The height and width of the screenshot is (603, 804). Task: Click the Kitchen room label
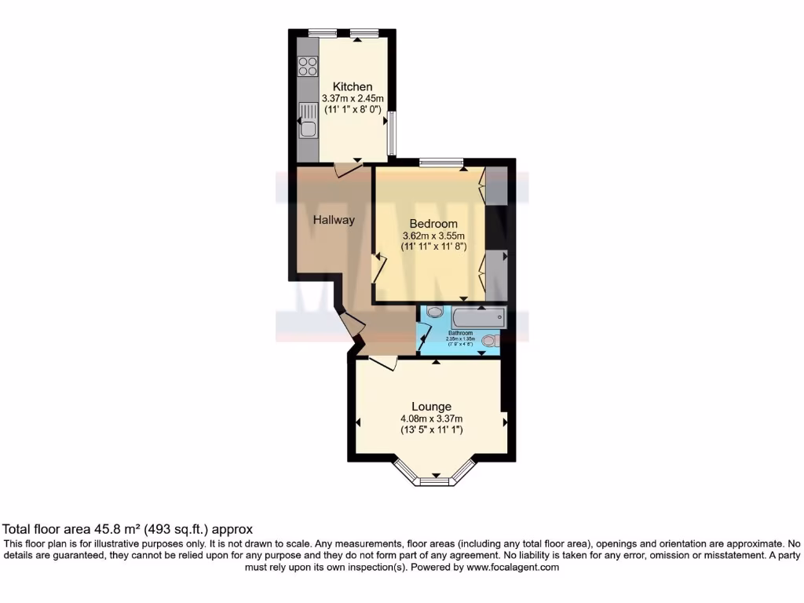tap(353, 86)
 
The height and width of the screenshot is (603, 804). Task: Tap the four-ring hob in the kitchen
tap(308, 67)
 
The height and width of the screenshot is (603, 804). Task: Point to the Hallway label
tap(334, 220)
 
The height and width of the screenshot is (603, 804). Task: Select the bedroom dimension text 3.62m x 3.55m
tap(433, 236)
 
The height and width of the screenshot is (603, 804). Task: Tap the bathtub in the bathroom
tap(478, 317)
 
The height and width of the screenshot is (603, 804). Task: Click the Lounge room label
tap(431, 407)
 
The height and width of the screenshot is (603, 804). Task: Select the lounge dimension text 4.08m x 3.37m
tap(431, 418)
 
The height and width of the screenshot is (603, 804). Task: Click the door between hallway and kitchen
tap(343, 168)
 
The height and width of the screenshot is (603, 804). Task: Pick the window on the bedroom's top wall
tap(440, 163)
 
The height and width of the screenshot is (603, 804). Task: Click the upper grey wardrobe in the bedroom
tap(496, 187)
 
